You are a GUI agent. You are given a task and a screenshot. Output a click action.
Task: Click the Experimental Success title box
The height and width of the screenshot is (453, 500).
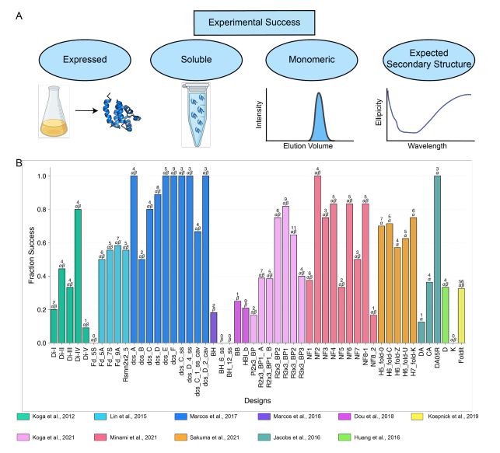click(250, 23)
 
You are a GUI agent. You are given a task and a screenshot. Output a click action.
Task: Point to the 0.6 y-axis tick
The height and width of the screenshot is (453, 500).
click(42, 242)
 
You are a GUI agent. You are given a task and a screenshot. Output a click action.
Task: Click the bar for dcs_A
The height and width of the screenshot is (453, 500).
click(133, 259)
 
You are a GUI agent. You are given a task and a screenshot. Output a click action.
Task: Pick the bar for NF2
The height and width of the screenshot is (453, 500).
click(317, 259)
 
